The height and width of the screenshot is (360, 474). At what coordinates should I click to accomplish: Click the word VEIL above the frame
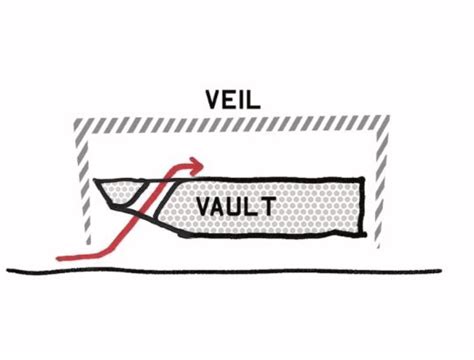coord(233,100)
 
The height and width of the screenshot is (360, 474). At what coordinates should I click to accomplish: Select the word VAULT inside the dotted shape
coord(236,207)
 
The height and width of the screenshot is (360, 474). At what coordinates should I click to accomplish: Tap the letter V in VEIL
coord(212,100)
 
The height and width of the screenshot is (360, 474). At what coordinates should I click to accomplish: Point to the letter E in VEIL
coord(229,100)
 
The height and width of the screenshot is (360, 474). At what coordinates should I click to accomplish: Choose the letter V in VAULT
coord(203,207)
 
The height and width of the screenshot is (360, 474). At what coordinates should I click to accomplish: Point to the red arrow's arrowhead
coord(197,163)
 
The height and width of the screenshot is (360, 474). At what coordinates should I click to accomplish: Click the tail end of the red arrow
coord(60,257)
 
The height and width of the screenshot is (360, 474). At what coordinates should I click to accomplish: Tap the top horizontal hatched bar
coord(232,125)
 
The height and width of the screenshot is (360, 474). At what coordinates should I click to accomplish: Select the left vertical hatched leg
coord(84,190)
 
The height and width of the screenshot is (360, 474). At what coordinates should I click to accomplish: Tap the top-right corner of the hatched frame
coord(383,125)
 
